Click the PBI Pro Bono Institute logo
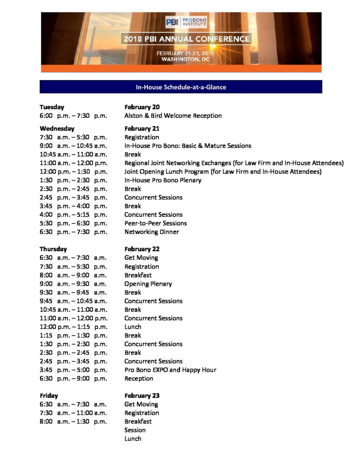186,22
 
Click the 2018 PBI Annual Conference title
187,39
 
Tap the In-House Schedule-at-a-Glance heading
181,87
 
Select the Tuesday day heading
52,107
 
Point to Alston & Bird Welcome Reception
173,116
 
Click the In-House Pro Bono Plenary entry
163,180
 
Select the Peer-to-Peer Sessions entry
156,223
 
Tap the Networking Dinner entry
152,232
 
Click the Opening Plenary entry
148,284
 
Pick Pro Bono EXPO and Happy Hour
170,370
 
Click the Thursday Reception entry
139,378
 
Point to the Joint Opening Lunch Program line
223,172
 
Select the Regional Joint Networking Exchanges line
234,163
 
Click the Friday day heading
49,395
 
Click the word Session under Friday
135,430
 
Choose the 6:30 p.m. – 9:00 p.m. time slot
73,378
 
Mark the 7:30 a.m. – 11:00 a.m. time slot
73,413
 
